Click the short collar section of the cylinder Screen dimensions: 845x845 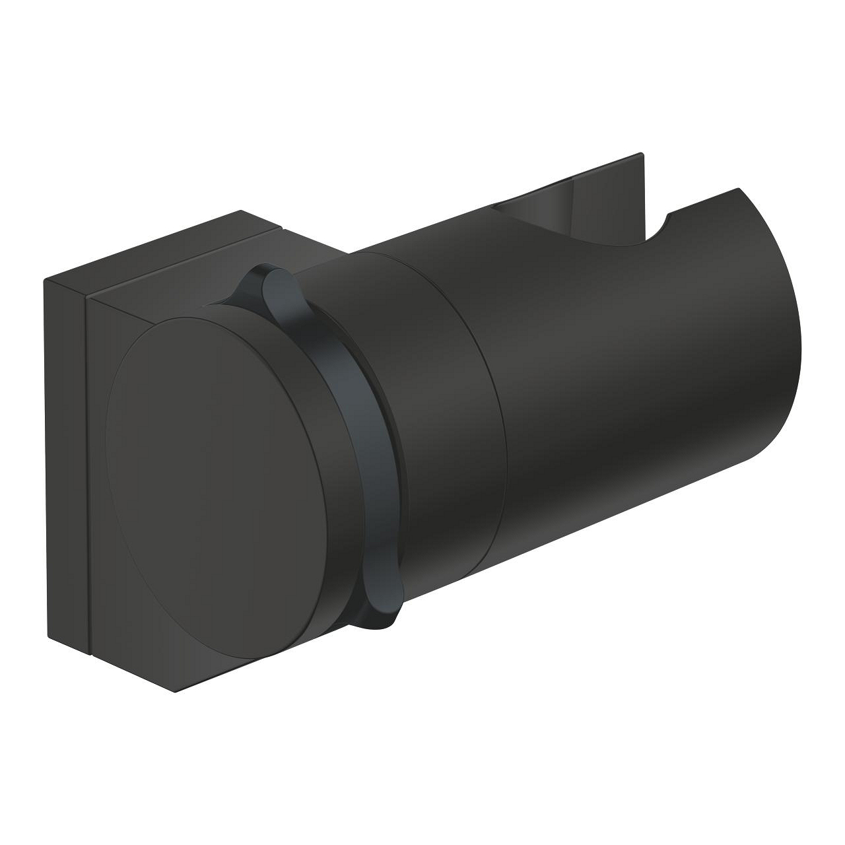pyautogui.click(x=429, y=409)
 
